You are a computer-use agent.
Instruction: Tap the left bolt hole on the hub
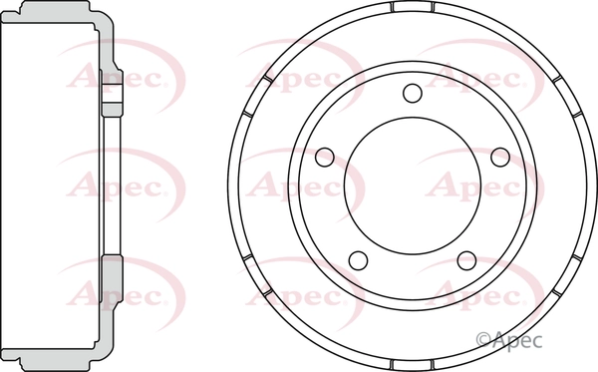tap(323, 157)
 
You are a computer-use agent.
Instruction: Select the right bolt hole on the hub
tap(501, 157)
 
